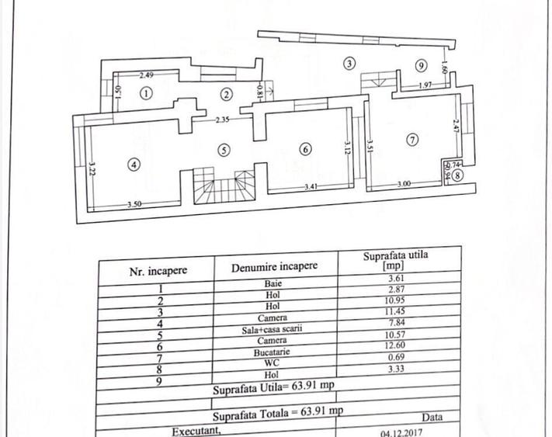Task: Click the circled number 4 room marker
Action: pos(134,165)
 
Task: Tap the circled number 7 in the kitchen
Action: pos(412,140)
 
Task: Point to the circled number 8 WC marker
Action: pos(459,176)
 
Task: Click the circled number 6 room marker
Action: pos(305,149)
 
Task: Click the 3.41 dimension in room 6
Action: pos(313,187)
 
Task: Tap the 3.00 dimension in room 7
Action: pos(404,184)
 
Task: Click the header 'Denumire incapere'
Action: pos(274,266)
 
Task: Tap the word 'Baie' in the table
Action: pos(272,285)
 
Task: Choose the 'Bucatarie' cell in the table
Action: pos(274,350)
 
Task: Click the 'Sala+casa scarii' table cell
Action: pos(273,328)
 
